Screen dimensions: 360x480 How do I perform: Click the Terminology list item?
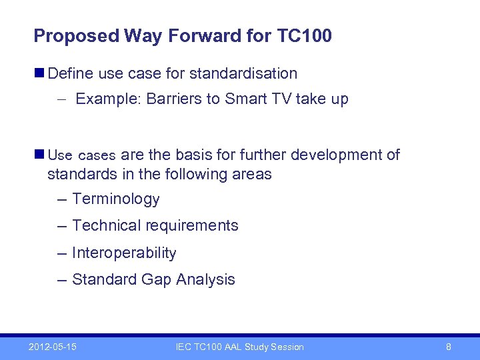(x=116, y=199)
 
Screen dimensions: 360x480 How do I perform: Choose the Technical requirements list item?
(x=155, y=226)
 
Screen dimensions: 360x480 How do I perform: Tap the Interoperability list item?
(x=124, y=253)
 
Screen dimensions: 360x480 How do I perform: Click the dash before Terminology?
(x=63, y=199)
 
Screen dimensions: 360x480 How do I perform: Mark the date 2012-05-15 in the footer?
(x=52, y=347)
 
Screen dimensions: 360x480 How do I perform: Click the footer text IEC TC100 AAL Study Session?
(x=239, y=347)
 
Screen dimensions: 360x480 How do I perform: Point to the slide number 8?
(x=449, y=347)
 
